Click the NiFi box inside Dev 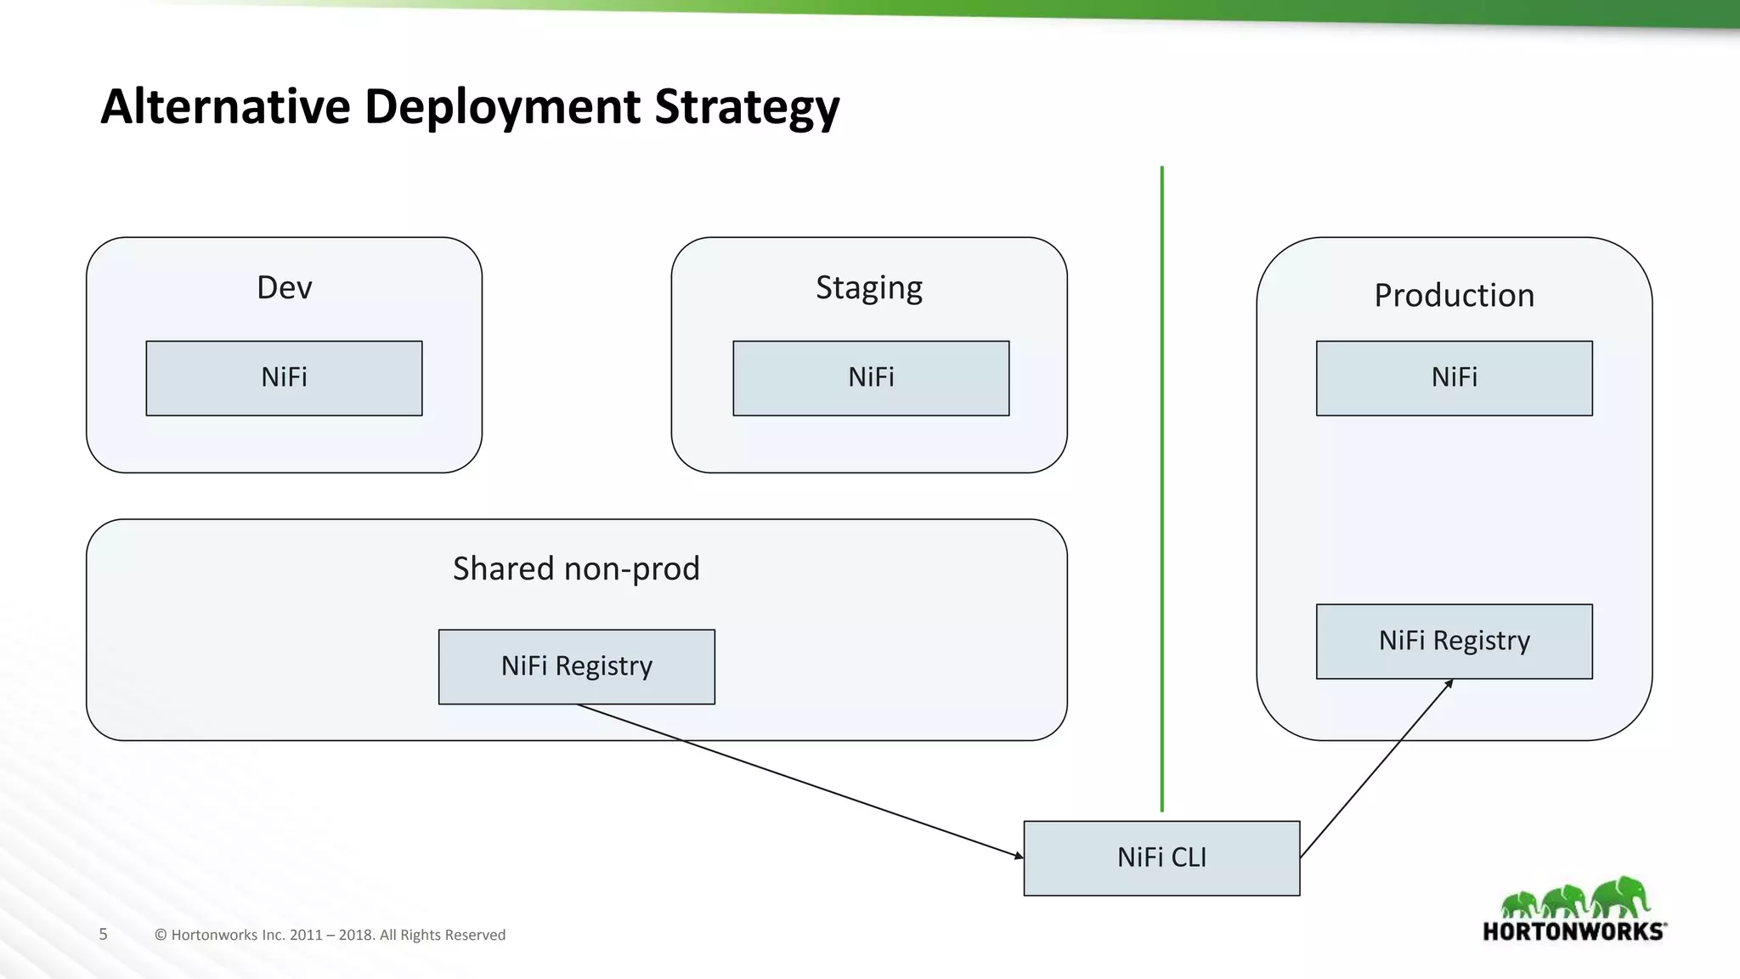[x=284, y=378]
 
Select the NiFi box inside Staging [x=871, y=378]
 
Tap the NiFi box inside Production [x=1454, y=378]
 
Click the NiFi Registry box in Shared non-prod [x=576, y=666]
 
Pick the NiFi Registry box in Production [x=1454, y=641]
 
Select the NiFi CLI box [x=1161, y=857]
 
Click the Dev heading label [x=284, y=287]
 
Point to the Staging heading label [x=868, y=288]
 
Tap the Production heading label [x=1454, y=295]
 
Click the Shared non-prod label [x=576, y=569]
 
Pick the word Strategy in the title [x=747, y=108]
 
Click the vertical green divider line [x=1161, y=489]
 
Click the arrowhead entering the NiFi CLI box [x=1019, y=855]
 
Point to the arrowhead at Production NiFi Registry [x=1449, y=683]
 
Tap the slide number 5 [x=104, y=934]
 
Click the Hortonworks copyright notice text [x=330, y=935]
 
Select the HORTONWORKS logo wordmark [x=1573, y=931]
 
